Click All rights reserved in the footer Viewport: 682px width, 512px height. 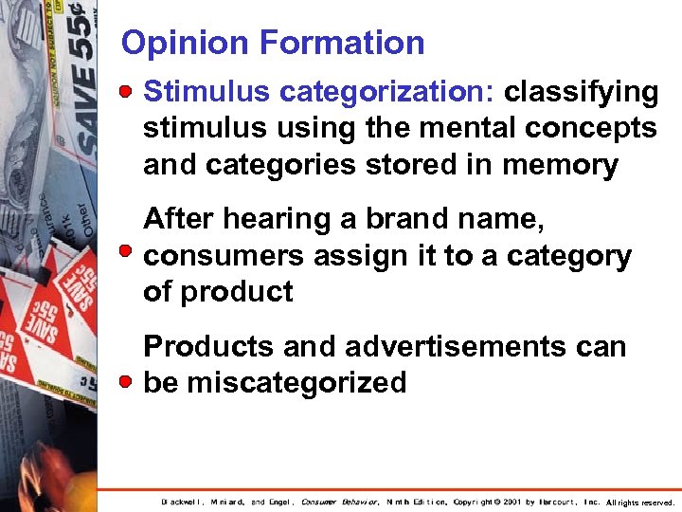tap(641, 503)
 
